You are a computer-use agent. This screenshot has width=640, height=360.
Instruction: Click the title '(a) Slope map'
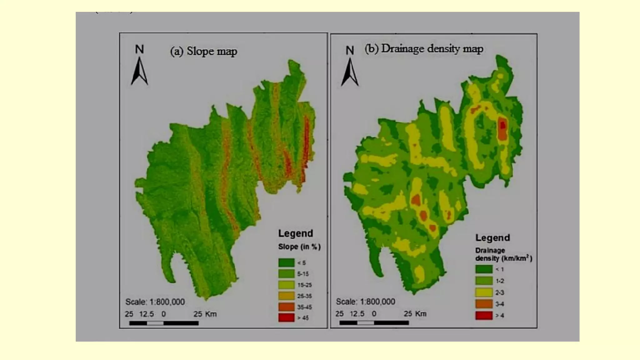[203, 51]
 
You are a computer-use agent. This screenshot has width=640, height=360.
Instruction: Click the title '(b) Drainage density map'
[424, 49]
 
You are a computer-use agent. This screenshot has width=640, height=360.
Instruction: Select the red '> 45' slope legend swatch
[286, 318]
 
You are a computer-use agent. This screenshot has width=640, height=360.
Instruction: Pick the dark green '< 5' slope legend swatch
[286, 263]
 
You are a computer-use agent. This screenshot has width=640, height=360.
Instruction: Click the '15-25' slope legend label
[304, 285]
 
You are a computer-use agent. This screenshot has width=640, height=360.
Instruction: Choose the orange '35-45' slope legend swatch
[286, 307]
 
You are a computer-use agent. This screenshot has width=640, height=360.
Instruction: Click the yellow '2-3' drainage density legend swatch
[484, 292]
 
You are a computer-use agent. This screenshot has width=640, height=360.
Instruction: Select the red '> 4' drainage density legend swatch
[484, 316]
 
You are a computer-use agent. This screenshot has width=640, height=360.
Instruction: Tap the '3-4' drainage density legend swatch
[484, 304]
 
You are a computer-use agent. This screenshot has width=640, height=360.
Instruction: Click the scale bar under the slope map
[164, 323]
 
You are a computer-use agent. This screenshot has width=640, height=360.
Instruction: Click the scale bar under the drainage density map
[374, 323]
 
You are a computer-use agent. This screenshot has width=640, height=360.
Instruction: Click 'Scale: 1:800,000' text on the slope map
[155, 302]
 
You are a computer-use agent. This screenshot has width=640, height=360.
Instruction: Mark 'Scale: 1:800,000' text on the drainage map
[365, 302]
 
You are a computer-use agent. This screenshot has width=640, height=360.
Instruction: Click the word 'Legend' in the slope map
[295, 233]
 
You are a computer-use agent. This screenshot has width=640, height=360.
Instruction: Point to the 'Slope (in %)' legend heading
[299, 247]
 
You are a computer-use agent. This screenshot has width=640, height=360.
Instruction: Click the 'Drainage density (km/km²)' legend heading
[503, 254]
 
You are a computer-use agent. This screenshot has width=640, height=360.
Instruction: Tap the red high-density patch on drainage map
[502, 126]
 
